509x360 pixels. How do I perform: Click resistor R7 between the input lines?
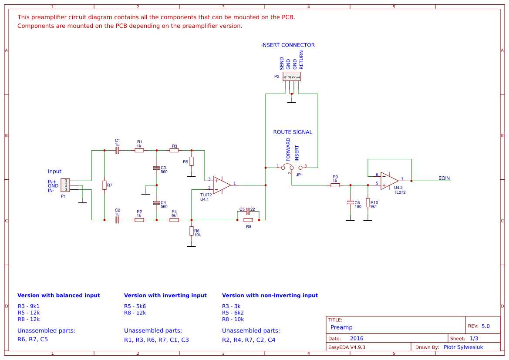pyautogui.click(x=104, y=185)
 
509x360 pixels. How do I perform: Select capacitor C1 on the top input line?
pyautogui.click(x=117, y=150)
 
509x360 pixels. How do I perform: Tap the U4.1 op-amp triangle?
pyautogui.click(x=221, y=185)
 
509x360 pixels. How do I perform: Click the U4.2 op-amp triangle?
pyautogui.click(x=389, y=180)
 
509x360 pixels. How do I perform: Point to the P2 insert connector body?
pyautogui.click(x=292, y=77)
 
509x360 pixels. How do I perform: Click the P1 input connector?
pyautogui.click(x=65, y=185)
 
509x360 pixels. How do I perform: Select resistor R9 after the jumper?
pyautogui.click(x=335, y=185)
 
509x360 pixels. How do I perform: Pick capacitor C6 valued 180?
pyautogui.click(x=350, y=202)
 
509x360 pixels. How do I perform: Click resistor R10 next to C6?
pyautogui.click(x=367, y=202)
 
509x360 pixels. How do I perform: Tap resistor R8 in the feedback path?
pyautogui.click(x=248, y=220)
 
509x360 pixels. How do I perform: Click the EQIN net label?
pyautogui.click(x=444, y=178)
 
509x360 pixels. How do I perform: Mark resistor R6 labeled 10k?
pyautogui.click(x=191, y=231)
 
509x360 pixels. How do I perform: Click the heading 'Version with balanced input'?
pyautogui.click(x=58, y=295)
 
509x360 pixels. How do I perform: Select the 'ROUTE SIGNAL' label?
pyautogui.click(x=293, y=132)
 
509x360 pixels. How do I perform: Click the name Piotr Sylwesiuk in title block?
pyautogui.click(x=463, y=347)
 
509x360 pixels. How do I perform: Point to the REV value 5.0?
pyautogui.click(x=485, y=326)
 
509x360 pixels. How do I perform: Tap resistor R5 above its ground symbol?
pyautogui.click(x=191, y=161)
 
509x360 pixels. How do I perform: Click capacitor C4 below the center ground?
pyautogui.click(x=156, y=203)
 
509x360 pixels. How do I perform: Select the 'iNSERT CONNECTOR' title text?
pyautogui.click(x=288, y=45)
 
